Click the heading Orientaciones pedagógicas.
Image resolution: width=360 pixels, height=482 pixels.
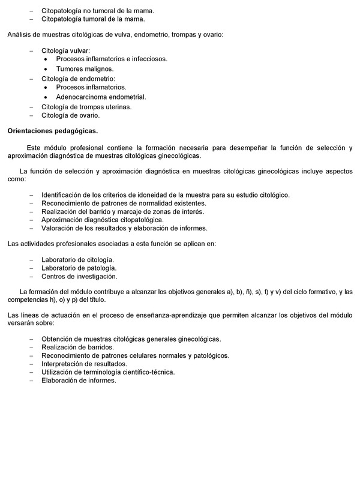tap(52, 130)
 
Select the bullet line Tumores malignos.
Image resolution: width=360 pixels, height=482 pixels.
tap(85, 68)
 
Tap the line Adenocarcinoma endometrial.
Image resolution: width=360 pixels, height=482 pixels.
tap(101, 97)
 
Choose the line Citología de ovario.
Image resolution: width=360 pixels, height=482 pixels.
tap(70, 115)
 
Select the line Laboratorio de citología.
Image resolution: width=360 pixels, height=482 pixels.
tap(78, 259)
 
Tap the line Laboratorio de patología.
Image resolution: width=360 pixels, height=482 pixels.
tap(79, 268)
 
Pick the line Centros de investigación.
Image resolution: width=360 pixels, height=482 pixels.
tap(79, 276)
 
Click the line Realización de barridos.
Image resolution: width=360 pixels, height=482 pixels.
tap(77, 347)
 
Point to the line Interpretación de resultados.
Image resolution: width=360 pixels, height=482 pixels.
tap(84, 364)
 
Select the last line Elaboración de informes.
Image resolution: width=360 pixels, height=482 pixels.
tap(79, 381)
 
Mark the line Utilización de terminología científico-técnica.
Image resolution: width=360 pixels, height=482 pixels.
tap(108, 372)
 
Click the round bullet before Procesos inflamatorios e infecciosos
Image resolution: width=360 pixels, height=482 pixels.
tap(46, 59)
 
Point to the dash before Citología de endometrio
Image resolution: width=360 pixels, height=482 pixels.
tap(32, 79)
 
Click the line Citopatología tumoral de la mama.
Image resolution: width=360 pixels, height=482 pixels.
tap(85, 19)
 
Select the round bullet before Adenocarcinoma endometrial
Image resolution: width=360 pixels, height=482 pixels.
tap(46, 97)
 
